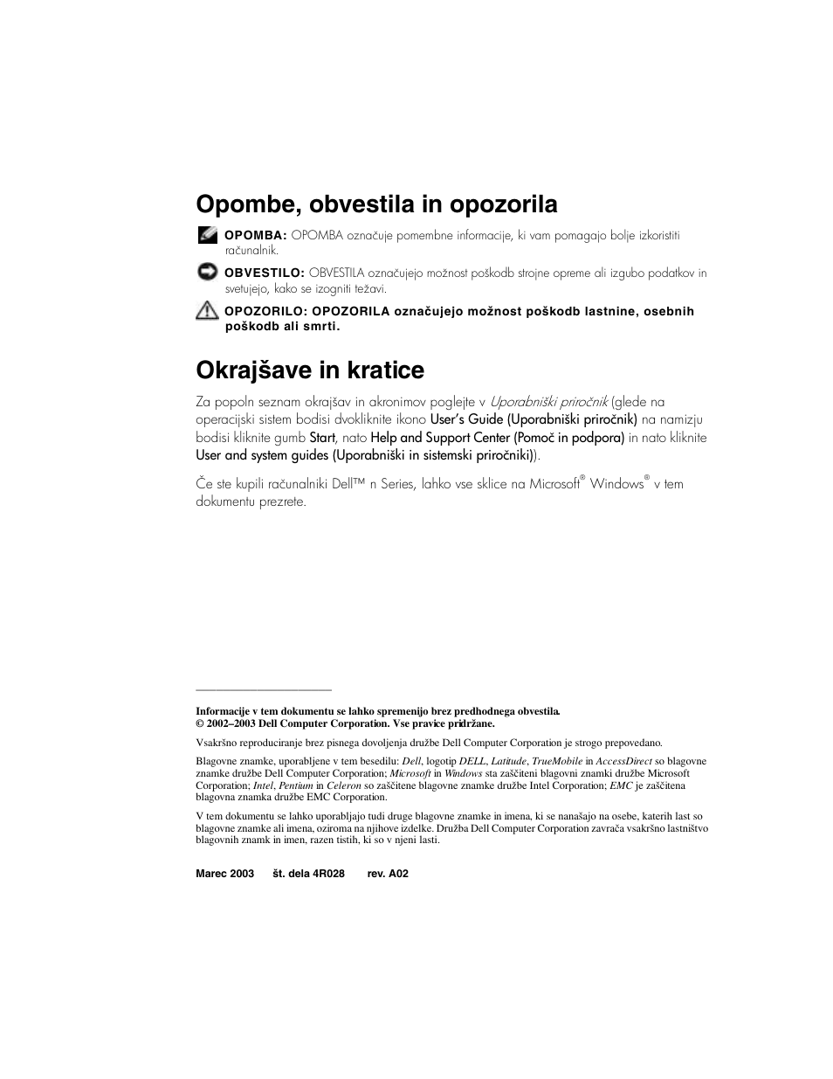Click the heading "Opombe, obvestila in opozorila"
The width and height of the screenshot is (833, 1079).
[x=376, y=204]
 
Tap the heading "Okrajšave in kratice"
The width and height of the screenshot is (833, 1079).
[x=310, y=370]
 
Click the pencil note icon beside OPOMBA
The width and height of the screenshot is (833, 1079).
[x=207, y=234]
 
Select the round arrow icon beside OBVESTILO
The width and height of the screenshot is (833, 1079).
[x=207, y=272]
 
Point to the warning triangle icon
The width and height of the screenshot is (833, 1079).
[x=207, y=309]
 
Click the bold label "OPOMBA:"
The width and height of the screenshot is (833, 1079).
[x=255, y=235]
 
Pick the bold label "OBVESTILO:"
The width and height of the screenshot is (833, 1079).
[x=264, y=273]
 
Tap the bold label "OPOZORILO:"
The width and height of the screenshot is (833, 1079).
[x=265, y=311]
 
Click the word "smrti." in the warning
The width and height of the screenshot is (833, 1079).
[x=320, y=327]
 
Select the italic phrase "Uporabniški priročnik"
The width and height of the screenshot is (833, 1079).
[x=548, y=402]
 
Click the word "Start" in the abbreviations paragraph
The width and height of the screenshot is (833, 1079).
[x=322, y=438]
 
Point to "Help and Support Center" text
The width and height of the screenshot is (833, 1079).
[x=439, y=438]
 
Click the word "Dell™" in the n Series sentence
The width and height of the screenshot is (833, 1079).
[x=348, y=484]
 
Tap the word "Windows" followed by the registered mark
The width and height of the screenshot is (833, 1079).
[x=616, y=484]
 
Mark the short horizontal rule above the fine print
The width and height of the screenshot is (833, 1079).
[x=264, y=690]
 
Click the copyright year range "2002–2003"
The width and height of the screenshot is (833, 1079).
[x=230, y=723]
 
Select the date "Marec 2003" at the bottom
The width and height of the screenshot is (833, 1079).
[x=224, y=874]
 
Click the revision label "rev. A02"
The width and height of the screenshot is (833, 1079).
[x=388, y=874]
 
